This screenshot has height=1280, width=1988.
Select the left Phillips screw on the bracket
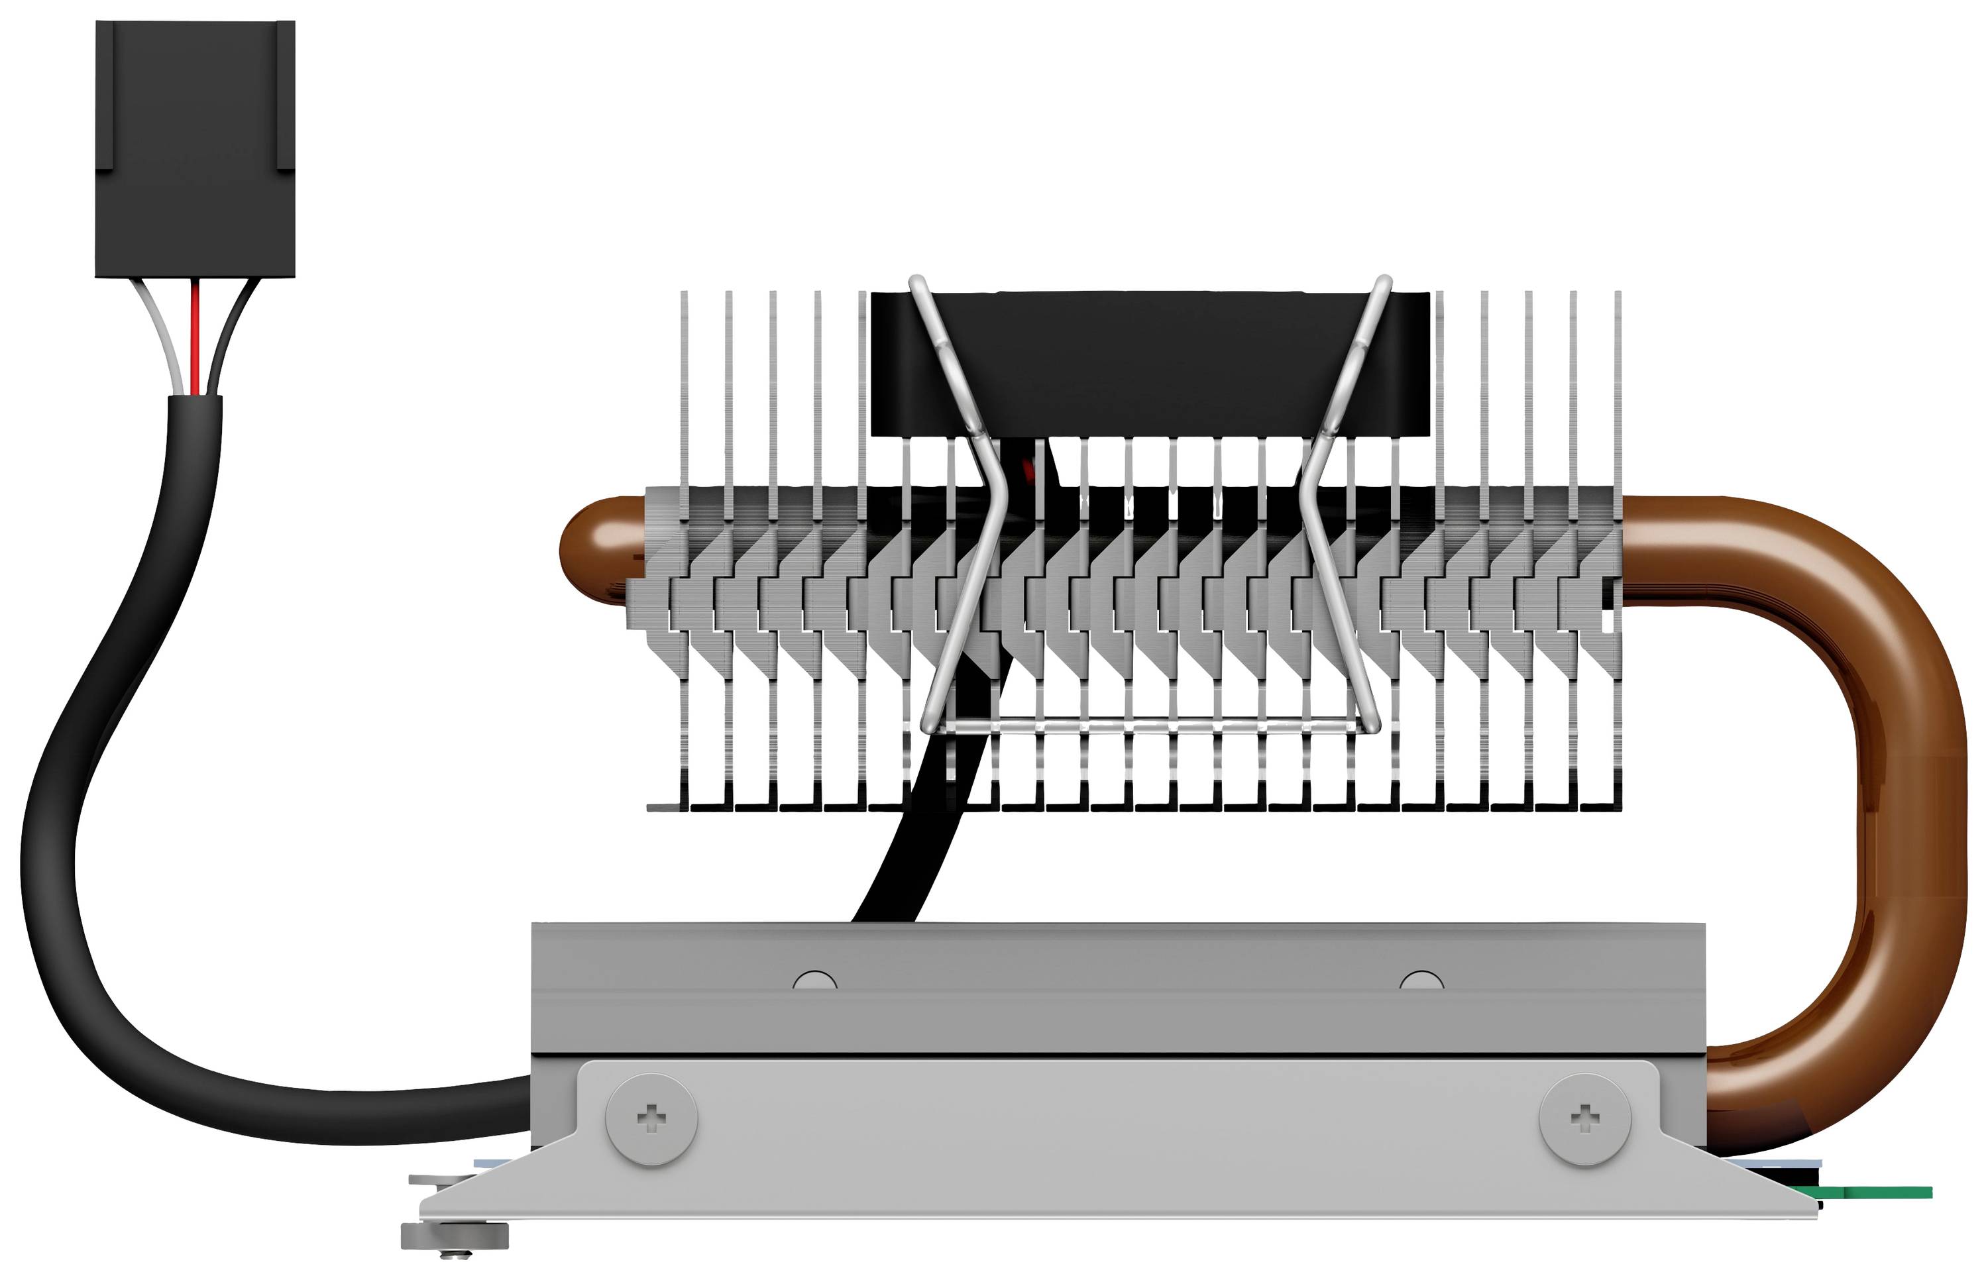651,1119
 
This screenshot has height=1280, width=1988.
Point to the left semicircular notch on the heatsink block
814,981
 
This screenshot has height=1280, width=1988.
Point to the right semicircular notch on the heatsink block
1421,981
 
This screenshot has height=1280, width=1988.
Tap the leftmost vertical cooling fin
684,399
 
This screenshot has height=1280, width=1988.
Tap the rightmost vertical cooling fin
1618,399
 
